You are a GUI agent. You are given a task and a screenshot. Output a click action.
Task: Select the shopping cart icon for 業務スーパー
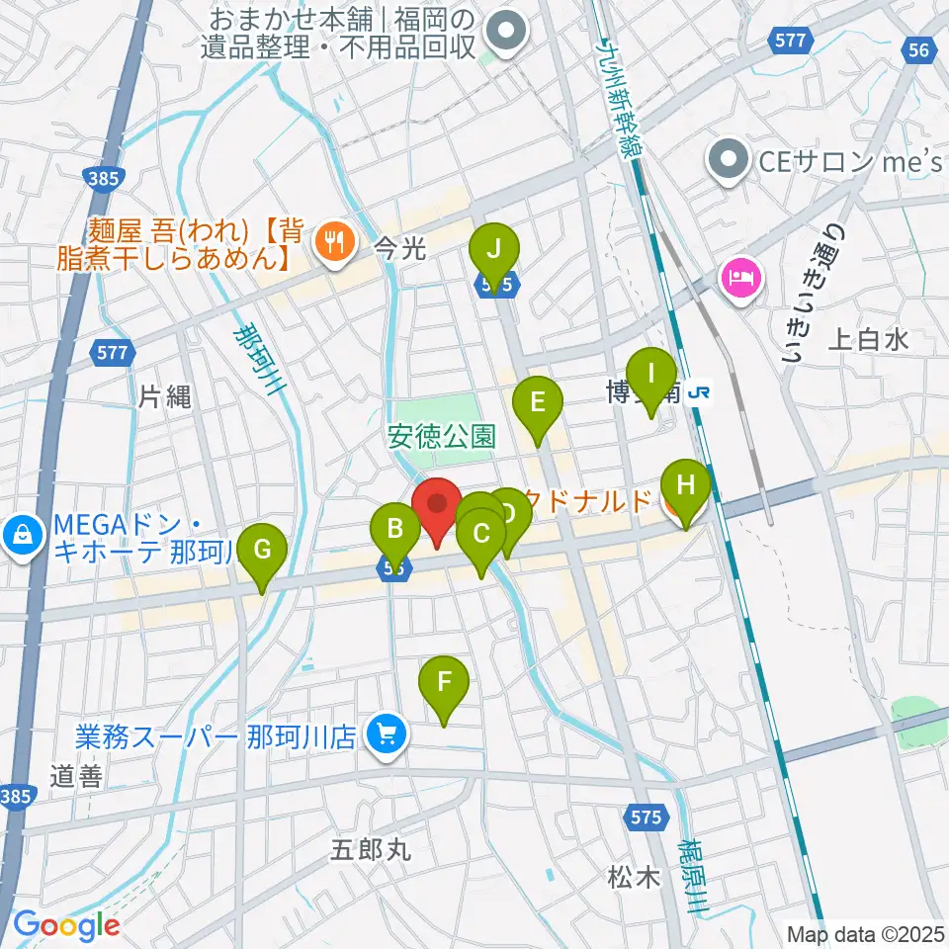[386, 733]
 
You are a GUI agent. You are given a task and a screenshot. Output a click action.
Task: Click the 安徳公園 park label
[442, 436]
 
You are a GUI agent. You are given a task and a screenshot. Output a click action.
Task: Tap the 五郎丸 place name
[369, 848]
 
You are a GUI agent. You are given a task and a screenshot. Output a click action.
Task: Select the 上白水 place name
[867, 341]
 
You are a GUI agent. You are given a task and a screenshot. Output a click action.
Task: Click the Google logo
[66, 925]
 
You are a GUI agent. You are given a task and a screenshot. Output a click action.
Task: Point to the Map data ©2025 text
[864, 932]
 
